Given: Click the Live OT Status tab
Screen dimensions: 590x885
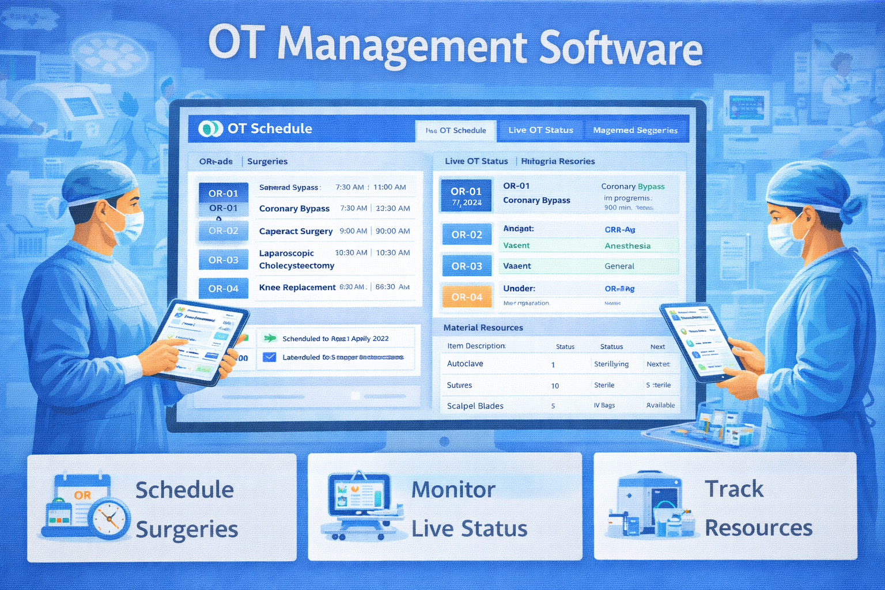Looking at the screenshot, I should pyautogui.click(x=540, y=130).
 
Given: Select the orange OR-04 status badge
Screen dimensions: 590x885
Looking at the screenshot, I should pyautogui.click(x=467, y=297).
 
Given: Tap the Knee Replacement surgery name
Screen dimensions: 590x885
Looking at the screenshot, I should pyautogui.click(x=297, y=287).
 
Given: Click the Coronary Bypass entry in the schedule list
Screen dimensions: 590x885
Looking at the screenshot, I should pyautogui.click(x=294, y=209).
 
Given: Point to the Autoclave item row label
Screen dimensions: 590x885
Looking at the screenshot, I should pyautogui.click(x=465, y=364).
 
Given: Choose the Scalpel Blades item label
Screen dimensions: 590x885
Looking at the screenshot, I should pyautogui.click(x=475, y=406).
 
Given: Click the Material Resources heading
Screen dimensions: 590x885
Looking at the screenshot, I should pyautogui.click(x=483, y=327).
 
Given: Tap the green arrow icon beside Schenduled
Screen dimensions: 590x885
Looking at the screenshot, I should pyautogui.click(x=269, y=338).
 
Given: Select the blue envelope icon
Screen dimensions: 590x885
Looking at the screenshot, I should pyautogui.click(x=269, y=357).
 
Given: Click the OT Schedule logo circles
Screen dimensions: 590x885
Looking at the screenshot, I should pyautogui.click(x=210, y=128).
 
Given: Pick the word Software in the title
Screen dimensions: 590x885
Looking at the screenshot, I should pyautogui.click(x=621, y=47).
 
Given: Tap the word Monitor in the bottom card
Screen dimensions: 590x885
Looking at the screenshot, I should pyautogui.click(x=453, y=490).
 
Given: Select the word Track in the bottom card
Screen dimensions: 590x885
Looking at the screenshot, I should pyautogui.click(x=734, y=489).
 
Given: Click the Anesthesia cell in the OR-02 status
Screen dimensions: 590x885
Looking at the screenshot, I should pyautogui.click(x=627, y=246).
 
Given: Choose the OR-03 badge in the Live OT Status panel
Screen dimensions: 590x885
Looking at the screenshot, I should pyautogui.click(x=467, y=266).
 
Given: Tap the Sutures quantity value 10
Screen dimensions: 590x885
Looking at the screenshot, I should pyautogui.click(x=555, y=385).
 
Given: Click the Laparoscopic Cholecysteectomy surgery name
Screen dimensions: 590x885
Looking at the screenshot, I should pyautogui.click(x=296, y=259).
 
